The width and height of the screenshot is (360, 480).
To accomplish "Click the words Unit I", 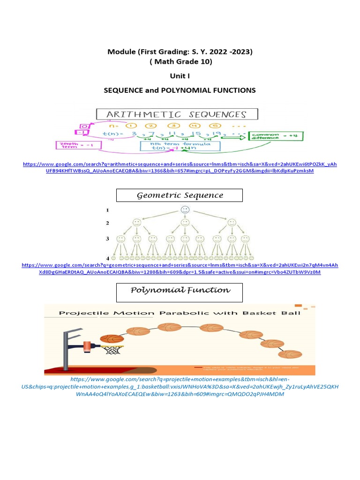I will [x=180, y=75].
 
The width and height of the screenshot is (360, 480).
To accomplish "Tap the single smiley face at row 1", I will [x=185, y=210].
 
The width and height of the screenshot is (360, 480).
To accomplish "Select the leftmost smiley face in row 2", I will [x=136, y=223].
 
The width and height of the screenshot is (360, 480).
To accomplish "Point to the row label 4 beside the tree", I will [x=107, y=258].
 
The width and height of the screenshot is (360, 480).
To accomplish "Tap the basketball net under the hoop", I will [x=112, y=350].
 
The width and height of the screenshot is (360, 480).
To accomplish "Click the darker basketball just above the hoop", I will [x=112, y=338].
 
